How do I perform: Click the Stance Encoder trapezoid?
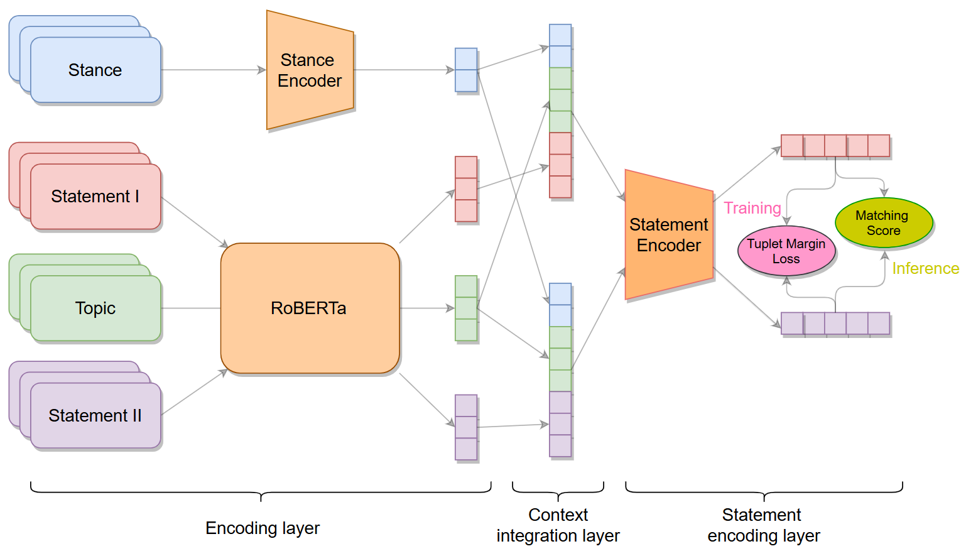(310, 70)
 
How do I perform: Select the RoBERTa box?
(310, 308)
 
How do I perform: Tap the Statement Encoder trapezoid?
(669, 234)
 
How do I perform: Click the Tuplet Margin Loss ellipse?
(786, 251)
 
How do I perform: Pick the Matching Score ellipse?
(884, 223)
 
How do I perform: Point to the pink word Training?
(752, 208)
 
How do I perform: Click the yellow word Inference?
(925, 268)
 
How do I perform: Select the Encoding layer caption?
(263, 528)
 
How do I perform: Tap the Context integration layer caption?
(558, 525)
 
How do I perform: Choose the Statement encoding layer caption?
(763, 525)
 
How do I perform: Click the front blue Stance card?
(95, 70)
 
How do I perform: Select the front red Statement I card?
(95, 197)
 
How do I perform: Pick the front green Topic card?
(95, 308)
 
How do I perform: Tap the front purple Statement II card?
(95, 415)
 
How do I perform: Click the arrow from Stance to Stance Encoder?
(214, 70)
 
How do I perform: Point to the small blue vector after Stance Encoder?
(466, 70)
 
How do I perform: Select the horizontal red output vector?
(835, 146)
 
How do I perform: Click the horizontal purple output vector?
(835, 324)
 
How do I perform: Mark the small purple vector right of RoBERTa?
(466, 427)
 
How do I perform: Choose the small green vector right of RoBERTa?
(466, 308)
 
